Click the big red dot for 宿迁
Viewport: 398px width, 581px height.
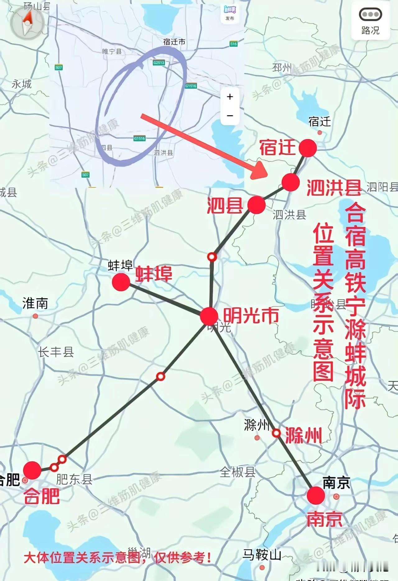pos(308,148)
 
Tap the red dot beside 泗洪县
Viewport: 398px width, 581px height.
pos(291,182)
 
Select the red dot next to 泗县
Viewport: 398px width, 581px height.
pos(257,205)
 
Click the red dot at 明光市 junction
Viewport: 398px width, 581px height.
pos(209,316)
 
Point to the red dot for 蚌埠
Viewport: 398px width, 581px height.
pos(121,282)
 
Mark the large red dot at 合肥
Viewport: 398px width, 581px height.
pos(32,470)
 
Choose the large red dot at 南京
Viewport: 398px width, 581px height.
pos(316,495)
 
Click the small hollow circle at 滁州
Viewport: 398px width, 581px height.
pos(276,433)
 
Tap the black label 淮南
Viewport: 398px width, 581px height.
pos(35,303)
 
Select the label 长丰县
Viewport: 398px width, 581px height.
pos(56,352)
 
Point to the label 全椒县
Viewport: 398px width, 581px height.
pos(237,472)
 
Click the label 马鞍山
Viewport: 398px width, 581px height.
pos(262,555)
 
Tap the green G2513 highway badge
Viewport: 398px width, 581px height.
pos(159,63)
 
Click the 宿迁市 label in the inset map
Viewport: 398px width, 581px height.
pos(174,42)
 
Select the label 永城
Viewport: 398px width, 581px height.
pos(21,84)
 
